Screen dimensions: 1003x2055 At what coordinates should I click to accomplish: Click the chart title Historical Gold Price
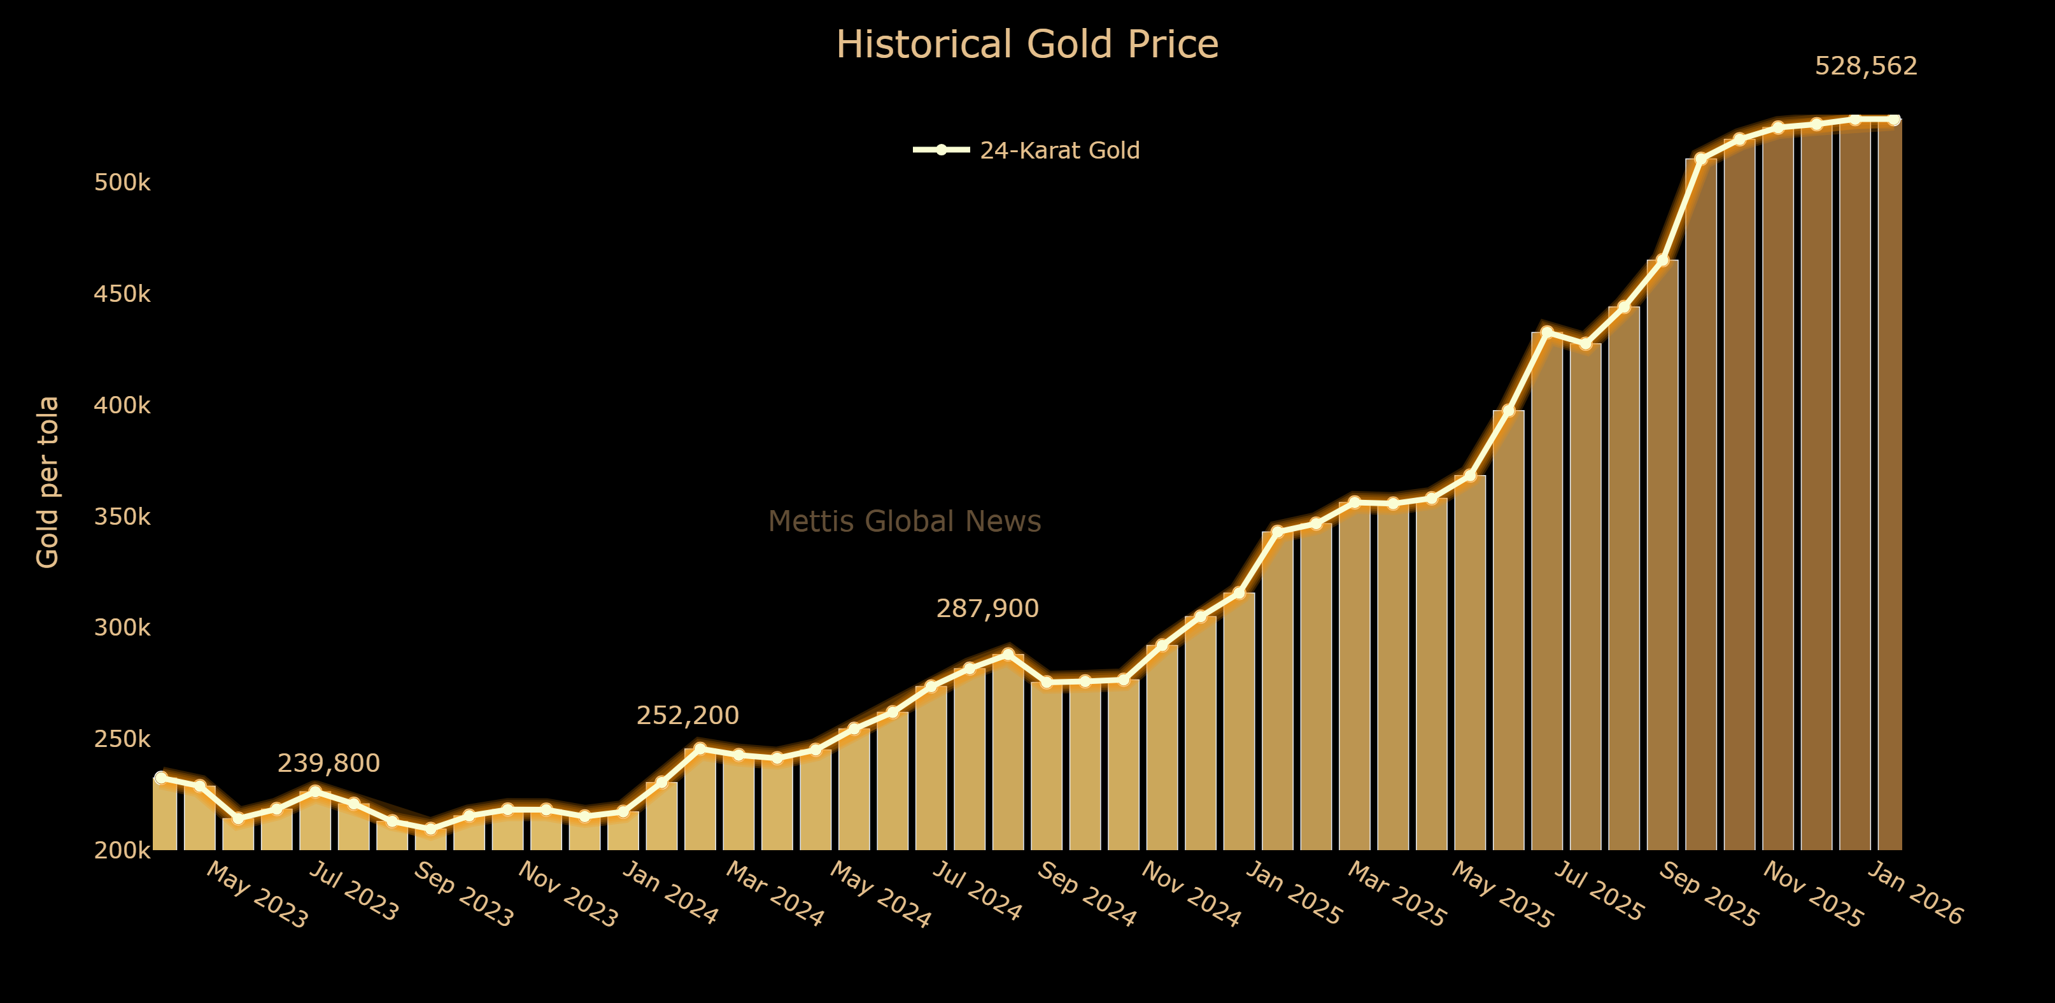tap(1027, 45)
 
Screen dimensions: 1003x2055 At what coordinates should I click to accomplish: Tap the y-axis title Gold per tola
tap(48, 482)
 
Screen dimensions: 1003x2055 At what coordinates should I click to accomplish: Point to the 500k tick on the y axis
tap(122, 183)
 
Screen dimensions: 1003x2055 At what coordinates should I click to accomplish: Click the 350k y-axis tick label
tap(122, 517)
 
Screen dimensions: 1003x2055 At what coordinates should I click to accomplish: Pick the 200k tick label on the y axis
tap(122, 851)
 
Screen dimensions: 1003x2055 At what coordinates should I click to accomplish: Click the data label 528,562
tap(1865, 66)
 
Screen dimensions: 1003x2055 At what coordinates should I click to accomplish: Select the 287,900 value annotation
tap(987, 609)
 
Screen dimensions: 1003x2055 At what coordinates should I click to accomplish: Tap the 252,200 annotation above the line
tap(687, 716)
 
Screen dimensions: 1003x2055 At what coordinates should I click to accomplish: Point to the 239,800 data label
tap(328, 764)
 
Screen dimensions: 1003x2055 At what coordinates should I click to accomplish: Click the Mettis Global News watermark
tap(904, 522)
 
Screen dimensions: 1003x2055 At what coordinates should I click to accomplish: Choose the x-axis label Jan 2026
tap(1914, 893)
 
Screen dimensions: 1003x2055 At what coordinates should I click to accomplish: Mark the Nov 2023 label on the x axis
tap(567, 895)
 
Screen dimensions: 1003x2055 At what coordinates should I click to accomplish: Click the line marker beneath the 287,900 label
tap(1008, 654)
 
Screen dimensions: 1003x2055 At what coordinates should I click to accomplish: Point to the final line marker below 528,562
tap(1893, 120)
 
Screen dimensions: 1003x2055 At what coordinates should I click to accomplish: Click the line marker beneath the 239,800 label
tap(315, 791)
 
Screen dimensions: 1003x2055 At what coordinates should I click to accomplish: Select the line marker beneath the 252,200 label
tap(700, 748)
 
